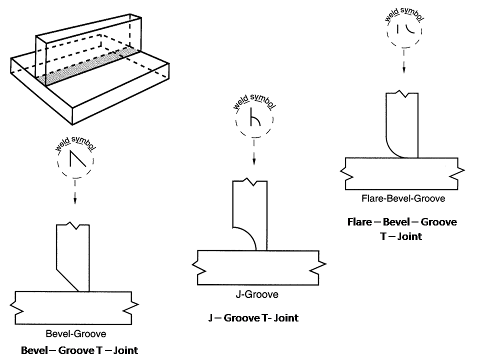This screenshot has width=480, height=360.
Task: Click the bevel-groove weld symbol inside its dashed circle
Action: [78, 158]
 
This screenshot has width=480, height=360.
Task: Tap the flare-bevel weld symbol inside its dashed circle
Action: [405, 28]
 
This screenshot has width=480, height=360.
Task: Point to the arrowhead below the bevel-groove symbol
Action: [75, 200]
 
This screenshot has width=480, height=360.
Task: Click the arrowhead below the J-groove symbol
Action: [254, 161]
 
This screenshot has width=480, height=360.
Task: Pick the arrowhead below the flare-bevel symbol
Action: [404, 69]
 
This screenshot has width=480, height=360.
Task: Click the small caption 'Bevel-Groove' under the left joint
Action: [76, 333]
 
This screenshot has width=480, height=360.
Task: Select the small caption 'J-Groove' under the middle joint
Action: [257, 294]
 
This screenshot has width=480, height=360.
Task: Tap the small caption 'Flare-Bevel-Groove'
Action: [403, 198]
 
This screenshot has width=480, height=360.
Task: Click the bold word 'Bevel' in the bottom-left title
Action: [34, 350]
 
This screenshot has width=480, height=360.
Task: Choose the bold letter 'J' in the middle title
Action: [210, 318]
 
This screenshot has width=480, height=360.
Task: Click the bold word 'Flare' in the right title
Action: [359, 221]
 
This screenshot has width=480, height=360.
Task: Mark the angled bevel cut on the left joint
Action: [67, 280]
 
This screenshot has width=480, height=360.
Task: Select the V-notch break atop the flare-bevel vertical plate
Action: [402, 93]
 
